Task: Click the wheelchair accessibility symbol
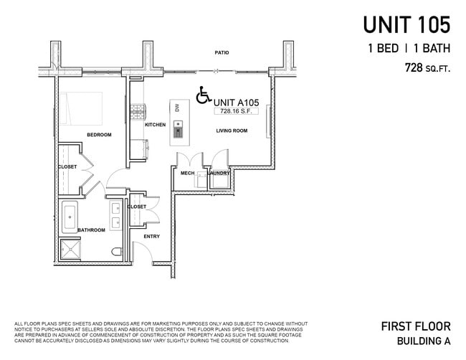(204, 95)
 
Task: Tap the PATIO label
(222, 53)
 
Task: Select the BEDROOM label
(99, 135)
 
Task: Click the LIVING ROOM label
(232, 131)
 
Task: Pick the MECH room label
(187, 173)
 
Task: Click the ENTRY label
(151, 237)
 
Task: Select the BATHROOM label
(91, 230)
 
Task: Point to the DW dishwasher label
(176, 108)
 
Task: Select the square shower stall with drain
(71, 250)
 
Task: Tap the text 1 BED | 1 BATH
(409, 49)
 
